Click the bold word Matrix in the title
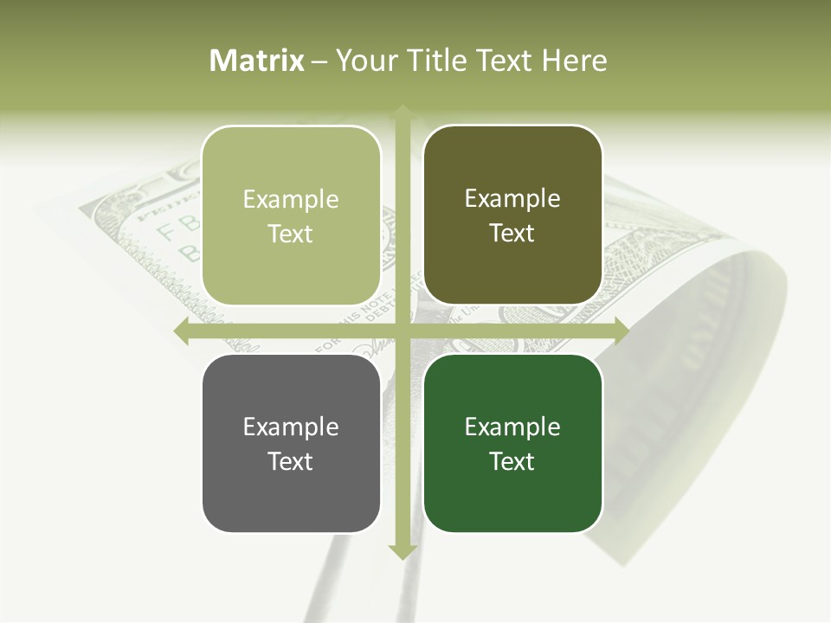pos(257,61)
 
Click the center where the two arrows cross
pos(402,331)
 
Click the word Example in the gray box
pos(291,427)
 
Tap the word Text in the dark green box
pos(512,461)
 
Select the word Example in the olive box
pos(512,198)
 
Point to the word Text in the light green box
pos(291,234)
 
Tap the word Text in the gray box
pos(291,461)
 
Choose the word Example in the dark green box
pos(512,427)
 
